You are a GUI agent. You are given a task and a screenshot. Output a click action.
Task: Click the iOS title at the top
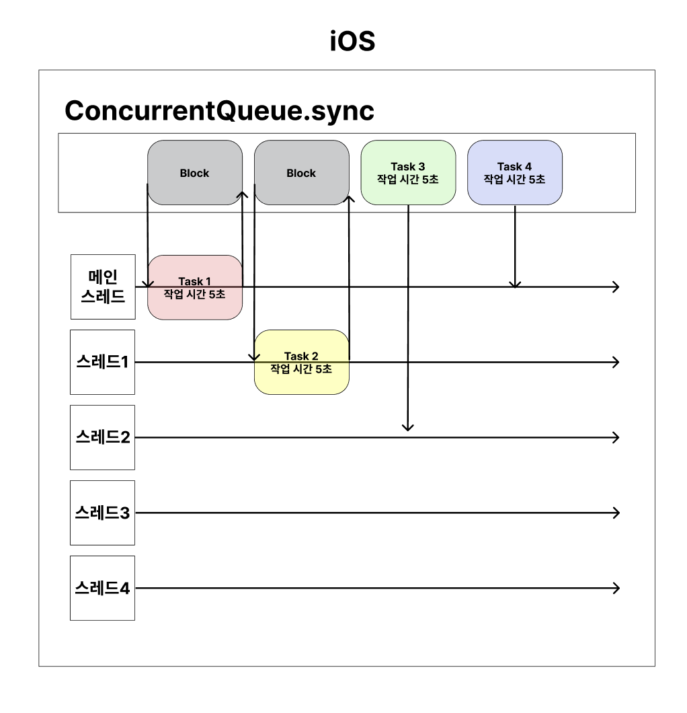coord(352,42)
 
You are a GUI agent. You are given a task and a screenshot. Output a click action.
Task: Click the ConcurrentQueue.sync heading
coord(219,110)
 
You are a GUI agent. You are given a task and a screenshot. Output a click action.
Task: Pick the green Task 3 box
coord(408,172)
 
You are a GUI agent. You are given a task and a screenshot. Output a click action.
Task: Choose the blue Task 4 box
coord(514,172)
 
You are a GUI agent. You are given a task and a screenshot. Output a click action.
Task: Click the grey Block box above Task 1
coord(194,172)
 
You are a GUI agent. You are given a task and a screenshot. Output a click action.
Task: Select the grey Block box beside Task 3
coord(301,172)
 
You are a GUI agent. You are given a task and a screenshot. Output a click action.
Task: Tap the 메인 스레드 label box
coord(103,287)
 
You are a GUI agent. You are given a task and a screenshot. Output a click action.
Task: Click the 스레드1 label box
coord(103,362)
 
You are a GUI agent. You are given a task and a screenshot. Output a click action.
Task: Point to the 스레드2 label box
coord(103,437)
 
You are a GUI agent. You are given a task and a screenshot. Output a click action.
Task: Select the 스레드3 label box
coord(103,513)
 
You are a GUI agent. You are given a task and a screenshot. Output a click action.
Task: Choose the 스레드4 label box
coord(103,588)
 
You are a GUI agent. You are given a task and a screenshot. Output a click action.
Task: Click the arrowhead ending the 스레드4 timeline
coord(615,588)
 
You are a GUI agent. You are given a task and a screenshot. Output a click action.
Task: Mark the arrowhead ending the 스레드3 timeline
coord(615,513)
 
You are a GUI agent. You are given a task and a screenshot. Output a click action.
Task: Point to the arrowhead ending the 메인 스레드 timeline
coord(615,287)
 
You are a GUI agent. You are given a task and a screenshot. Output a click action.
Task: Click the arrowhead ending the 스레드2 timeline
coord(615,437)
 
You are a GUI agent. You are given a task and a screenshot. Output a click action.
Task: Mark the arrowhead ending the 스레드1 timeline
coord(615,362)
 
